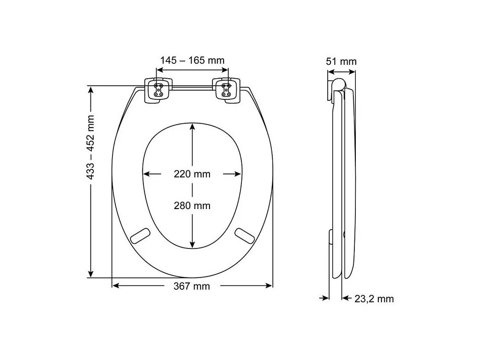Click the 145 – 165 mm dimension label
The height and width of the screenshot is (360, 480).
point(192,60)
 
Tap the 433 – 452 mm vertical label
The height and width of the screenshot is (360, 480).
point(90,147)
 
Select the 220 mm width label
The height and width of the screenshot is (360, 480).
point(192,174)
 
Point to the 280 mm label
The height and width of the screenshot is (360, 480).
point(192,205)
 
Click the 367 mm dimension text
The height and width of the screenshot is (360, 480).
point(192,286)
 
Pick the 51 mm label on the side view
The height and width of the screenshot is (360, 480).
point(341,61)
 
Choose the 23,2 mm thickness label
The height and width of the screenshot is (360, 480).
point(374,299)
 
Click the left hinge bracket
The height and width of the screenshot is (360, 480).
point(158,90)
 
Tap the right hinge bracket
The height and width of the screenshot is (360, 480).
point(226,90)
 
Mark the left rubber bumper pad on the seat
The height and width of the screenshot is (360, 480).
point(140,236)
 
